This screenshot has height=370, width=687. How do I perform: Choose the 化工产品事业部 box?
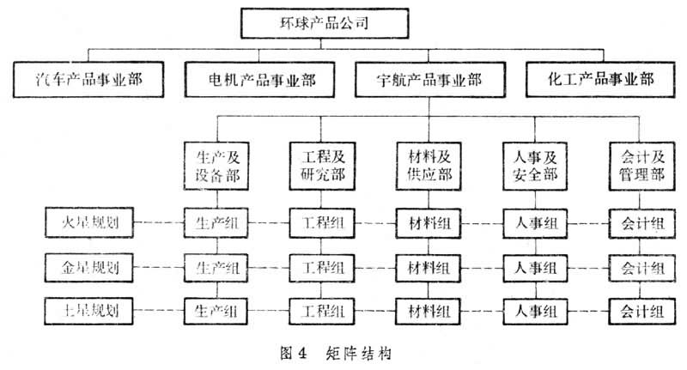[x=600, y=82]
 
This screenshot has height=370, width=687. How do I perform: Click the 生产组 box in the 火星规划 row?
[x=217, y=225]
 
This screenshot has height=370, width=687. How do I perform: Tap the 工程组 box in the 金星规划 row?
[x=323, y=267]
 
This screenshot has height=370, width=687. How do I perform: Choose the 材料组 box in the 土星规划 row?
[x=429, y=308]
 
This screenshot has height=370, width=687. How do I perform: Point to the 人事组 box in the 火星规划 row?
[x=532, y=225]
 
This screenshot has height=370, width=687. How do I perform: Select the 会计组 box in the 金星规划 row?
[x=639, y=267]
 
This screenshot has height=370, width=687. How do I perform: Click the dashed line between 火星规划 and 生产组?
[x=151, y=225]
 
